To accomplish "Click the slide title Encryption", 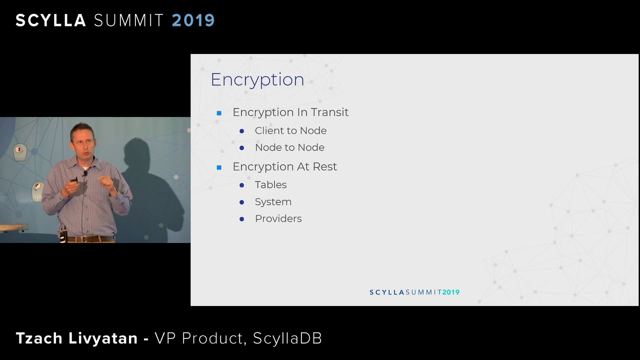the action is [257, 79].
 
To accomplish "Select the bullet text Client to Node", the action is [290, 130].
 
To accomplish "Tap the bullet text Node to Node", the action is [289, 147].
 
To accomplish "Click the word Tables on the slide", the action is [270, 185].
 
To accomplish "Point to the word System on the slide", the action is [273, 202].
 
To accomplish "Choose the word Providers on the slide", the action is [278, 218].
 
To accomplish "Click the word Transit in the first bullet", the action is [329, 112].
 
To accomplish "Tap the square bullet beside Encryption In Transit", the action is [219, 113].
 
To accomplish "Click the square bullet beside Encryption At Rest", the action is [219, 167].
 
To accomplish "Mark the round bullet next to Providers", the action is [241, 219].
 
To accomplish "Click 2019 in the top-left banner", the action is [193, 20].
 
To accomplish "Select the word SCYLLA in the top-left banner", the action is [51, 20].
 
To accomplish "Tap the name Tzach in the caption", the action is [39, 338].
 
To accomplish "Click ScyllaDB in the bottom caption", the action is [287, 338].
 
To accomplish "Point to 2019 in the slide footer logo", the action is [451, 292].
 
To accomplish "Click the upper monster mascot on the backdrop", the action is [20, 152].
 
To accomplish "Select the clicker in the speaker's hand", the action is [73, 180].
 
